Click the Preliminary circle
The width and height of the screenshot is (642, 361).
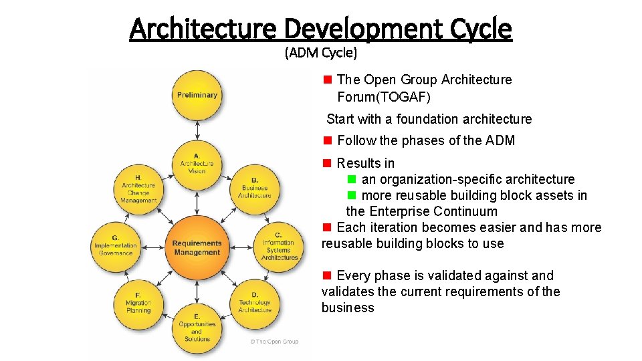point(197,95)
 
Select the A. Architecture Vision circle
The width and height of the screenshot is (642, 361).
point(197,163)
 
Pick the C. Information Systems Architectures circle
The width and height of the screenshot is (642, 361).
point(280,247)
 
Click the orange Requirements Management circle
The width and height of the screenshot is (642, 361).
point(197,247)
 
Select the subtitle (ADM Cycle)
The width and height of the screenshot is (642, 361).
point(321,52)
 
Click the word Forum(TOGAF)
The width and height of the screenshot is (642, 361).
point(384,97)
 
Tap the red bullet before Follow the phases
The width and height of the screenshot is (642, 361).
point(328,140)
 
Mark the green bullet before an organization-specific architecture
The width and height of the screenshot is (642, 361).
point(352,179)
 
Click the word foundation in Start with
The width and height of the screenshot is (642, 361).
point(427,119)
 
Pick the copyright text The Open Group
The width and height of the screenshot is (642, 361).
point(274,342)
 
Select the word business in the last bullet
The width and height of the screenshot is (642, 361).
point(348,308)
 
